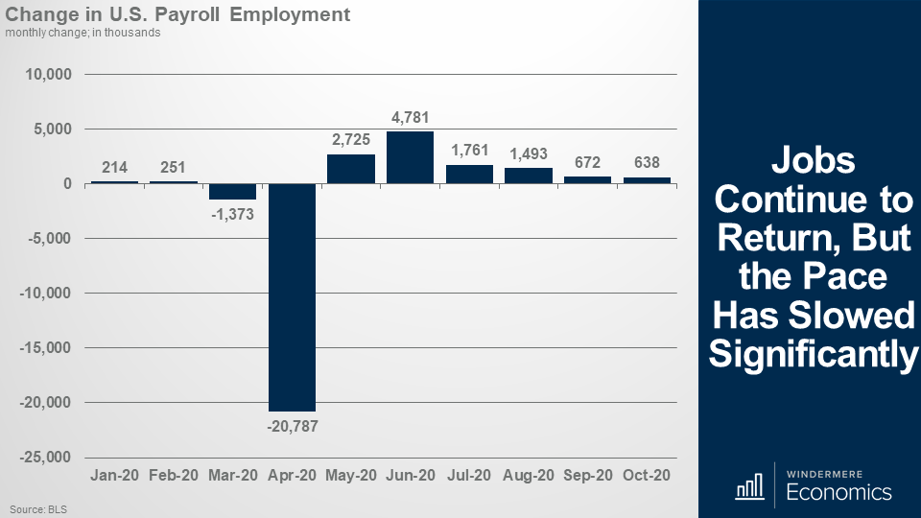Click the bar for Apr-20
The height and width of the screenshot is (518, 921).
[x=292, y=297]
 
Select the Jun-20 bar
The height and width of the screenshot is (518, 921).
[x=410, y=157]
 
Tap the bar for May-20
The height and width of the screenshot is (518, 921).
[x=351, y=169]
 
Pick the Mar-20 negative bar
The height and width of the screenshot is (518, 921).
[x=233, y=192]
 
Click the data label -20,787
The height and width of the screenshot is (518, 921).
[x=292, y=425]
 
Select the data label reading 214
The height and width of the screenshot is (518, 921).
[x=115, y=166]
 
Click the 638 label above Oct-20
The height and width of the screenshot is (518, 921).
[x=647, y=162]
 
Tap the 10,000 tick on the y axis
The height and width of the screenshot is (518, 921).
[x=48, y=75]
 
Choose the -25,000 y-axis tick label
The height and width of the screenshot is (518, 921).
[x=45, y=457]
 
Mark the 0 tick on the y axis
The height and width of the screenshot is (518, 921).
[x=68, y=183]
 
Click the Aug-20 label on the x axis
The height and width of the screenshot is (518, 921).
[x=529, y=476]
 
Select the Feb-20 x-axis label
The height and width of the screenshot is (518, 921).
[x=174, y=476]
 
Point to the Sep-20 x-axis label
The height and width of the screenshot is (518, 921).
[x=587, y=476]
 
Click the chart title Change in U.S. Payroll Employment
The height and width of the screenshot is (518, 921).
[x=177, y=15]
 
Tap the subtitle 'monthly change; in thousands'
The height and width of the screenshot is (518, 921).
[x=83, y=33]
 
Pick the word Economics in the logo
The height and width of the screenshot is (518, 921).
[x=838, y=493]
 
